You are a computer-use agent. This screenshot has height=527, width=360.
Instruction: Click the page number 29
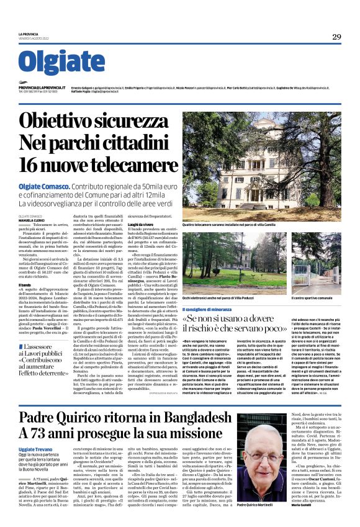click(336, 37)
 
